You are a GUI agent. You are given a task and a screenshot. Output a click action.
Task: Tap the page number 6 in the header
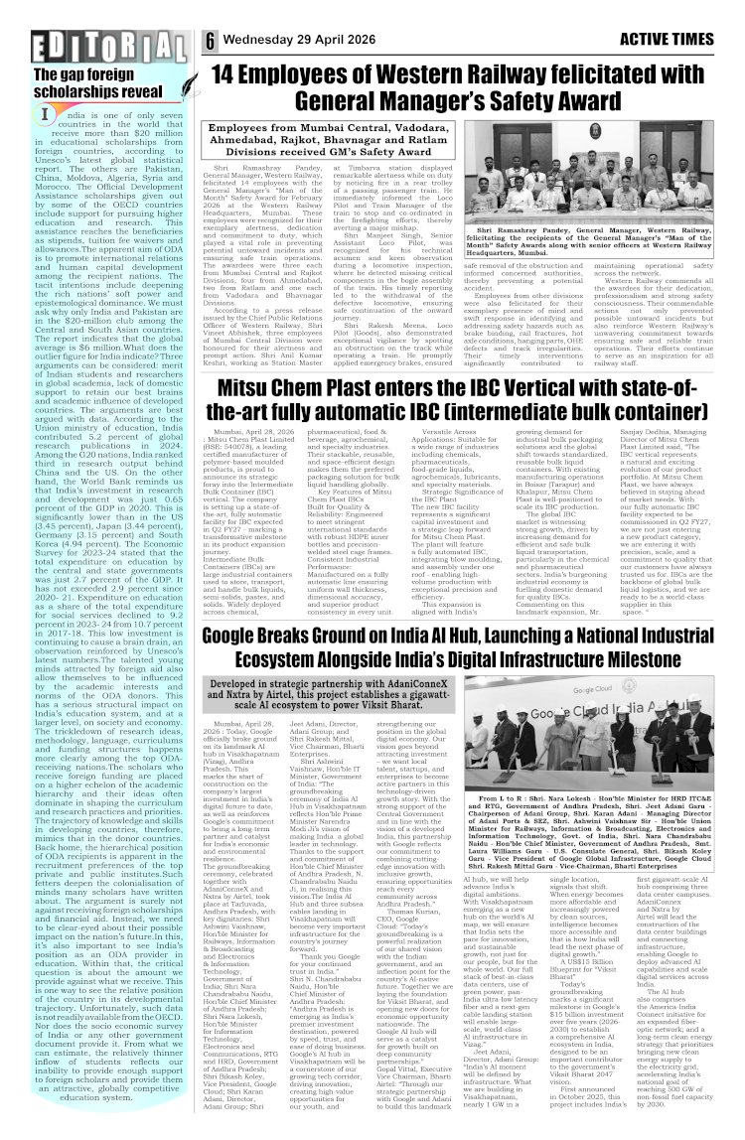pyautogui.click(x=212, y=41)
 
